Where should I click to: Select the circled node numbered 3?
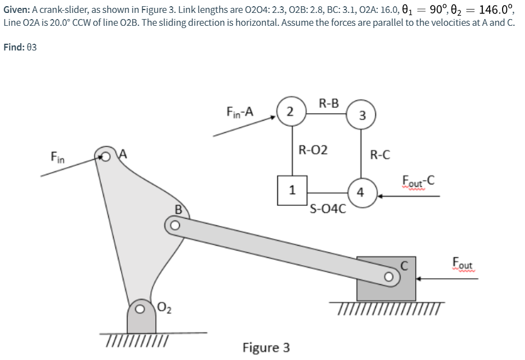(x=362, y=116)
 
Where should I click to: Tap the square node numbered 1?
(x=291, y=190)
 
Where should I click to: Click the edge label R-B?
(x=328, y=103)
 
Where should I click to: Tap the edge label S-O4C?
(x=328, y=210)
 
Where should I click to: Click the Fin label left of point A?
(x=58, y=159)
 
